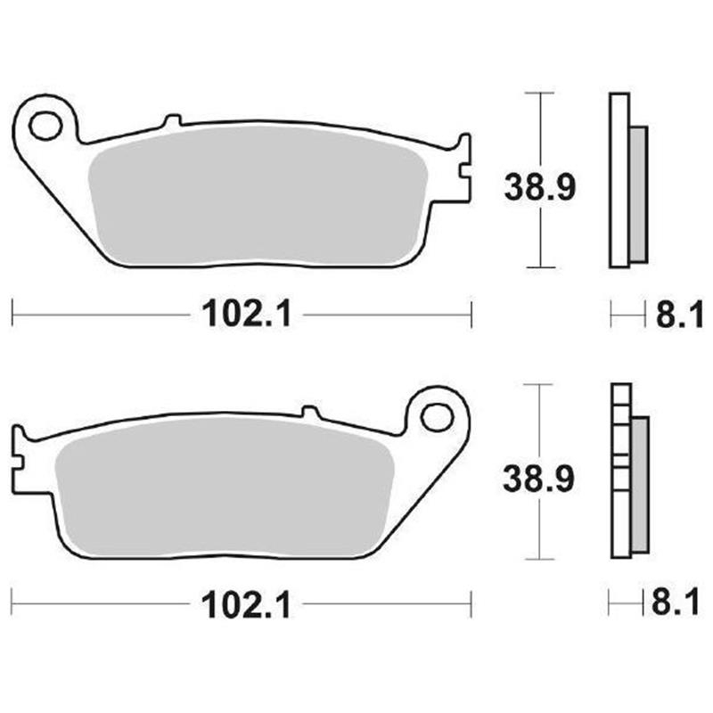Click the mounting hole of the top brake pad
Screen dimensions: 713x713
(45, 125)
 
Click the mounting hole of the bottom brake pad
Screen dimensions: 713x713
(437, 416)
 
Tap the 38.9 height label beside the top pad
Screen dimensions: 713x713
(541, 187)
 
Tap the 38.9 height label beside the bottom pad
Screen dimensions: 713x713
(541, 479)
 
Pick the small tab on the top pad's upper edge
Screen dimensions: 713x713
(173, 119)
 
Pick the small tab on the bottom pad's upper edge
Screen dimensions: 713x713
(309, 412)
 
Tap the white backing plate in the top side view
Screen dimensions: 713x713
(619, 178)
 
